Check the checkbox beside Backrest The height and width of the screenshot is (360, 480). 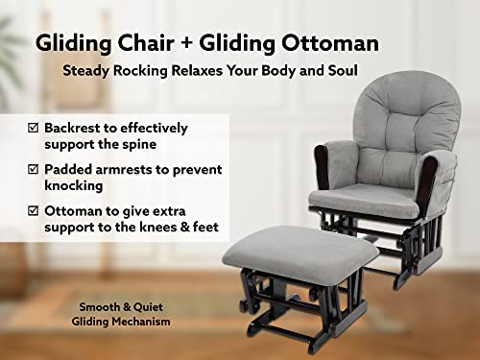tap(33, 128)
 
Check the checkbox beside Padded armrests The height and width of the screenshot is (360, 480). tap(33, 170)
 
